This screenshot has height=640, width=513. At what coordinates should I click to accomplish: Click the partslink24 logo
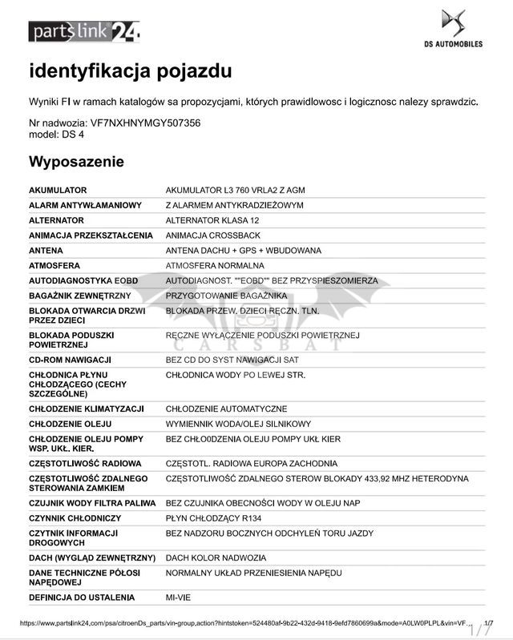click(x=84, y=31)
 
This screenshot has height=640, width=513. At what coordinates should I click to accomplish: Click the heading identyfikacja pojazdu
click(x=131, y=71)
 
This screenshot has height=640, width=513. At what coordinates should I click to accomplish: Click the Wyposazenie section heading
click(x=76, y=162)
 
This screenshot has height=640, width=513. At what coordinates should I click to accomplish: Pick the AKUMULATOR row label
click(x=58, y=190)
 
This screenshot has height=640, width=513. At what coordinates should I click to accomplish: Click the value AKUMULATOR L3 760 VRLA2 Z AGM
click(x=235, y=190)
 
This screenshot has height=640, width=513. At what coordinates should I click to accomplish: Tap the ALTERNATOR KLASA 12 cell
click(x=212, y=220)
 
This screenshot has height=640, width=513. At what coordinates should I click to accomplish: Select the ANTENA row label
click(x=46, y=251)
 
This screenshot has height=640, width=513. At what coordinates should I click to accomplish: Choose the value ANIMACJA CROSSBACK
click(x=212, y=235)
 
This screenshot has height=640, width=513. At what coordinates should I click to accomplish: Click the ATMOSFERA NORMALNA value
click(x=215, y=265)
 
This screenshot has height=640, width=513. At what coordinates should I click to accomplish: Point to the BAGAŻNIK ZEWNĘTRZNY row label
click(x=79, y=296)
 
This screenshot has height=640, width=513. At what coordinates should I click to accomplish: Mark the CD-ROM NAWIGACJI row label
click(x=70, y=360)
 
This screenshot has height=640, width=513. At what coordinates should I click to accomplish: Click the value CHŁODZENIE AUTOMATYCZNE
click(x=226, y=409)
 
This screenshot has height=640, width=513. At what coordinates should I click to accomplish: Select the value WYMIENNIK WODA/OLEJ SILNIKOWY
click(x=238, y=424)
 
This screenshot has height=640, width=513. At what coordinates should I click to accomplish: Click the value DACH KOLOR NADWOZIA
click(x=215, y=557)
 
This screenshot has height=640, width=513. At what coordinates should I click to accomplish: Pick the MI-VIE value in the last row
click(x=179, y=598)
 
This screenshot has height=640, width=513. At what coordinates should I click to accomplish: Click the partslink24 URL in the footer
click(x=240, y=622)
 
